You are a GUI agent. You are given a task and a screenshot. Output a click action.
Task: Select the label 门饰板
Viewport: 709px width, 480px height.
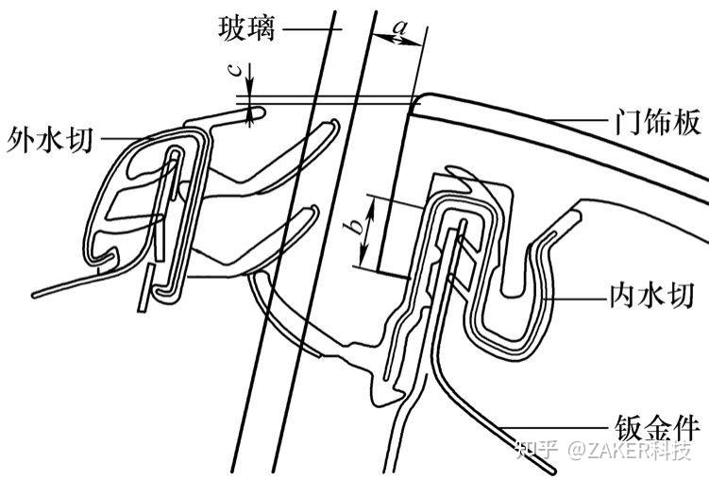(x=649, y=123)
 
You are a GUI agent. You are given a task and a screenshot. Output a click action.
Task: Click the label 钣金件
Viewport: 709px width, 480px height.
(x=649, y=423)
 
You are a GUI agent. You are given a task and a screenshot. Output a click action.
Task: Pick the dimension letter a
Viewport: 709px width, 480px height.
(x=400, y=28)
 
